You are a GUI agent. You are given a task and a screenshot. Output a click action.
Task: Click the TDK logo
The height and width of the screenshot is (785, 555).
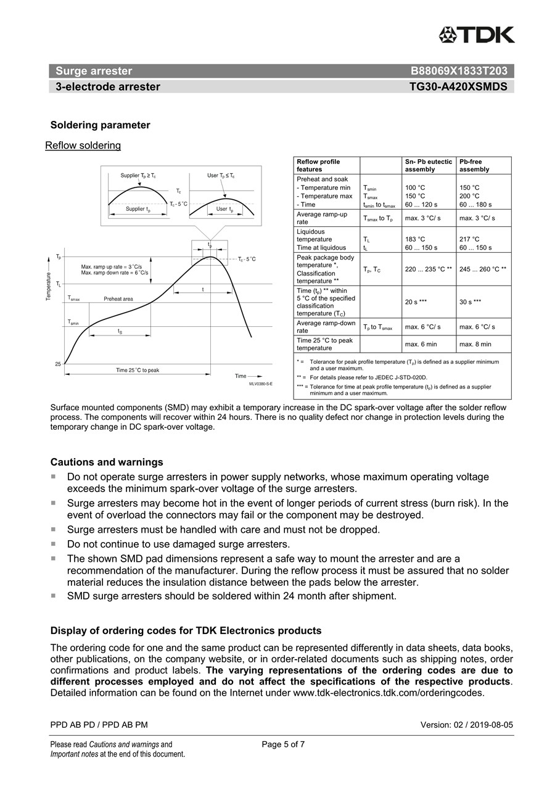pos(477,35)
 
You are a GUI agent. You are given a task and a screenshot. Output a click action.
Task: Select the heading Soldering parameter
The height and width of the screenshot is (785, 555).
pos(100,125)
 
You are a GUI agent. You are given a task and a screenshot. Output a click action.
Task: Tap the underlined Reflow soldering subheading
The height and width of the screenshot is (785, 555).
pos(83,146)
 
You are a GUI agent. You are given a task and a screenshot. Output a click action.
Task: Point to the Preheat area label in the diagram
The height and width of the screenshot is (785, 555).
pos(118,298)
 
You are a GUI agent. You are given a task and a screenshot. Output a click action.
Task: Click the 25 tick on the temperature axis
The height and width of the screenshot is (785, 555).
pos(58,364)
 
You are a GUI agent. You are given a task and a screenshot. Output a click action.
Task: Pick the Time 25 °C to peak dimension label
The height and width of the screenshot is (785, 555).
pos(138,370)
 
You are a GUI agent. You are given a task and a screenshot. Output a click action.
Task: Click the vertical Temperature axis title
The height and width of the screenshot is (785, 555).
pos(47,287)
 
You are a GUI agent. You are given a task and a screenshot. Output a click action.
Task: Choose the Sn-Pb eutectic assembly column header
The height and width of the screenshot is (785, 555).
pos(428,165)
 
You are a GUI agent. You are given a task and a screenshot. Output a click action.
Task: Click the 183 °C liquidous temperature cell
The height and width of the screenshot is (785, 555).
pos(415,239)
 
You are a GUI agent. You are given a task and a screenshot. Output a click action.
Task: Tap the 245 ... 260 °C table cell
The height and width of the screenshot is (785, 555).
pos(483,269)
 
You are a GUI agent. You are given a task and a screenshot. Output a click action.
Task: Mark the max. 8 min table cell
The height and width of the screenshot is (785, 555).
pos(475,344)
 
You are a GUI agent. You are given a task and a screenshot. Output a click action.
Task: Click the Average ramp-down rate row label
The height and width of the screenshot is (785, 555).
pos(326,327)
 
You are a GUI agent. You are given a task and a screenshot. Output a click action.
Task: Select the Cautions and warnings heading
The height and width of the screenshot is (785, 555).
pos(107,462)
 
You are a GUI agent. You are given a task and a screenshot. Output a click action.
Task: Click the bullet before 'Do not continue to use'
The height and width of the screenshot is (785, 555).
pos(54,544)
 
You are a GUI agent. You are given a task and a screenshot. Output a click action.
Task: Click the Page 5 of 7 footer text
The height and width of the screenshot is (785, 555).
pos(283,744)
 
